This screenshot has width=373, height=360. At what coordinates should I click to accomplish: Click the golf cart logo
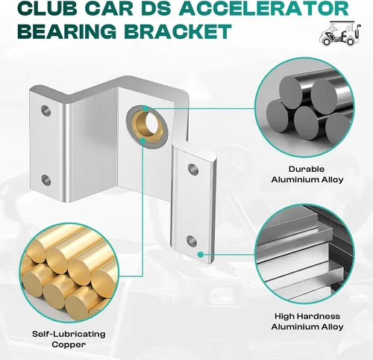(x=339, y=34)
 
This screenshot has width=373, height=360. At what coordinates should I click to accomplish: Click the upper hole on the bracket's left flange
(x=46, y=111)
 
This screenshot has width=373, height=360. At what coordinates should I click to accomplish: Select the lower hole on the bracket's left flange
(x=46, y=180)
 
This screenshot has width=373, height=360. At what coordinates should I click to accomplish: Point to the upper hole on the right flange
(x=193, y=169)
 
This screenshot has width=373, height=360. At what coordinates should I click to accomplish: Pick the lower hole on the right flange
(x=192, y=241)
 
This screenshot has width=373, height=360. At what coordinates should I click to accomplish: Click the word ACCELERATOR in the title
(x=266, y=8)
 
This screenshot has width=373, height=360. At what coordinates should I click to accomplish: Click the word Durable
(x=307, y=170)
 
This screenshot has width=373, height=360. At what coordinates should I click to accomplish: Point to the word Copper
(x=69, y=345)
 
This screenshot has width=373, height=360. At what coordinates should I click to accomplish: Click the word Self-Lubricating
(x=69, y=334)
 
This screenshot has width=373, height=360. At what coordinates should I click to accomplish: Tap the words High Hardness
(x=307, y=317)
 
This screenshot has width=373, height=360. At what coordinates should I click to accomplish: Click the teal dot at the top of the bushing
(x=145, y=108)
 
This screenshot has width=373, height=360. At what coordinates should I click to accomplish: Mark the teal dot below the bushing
(x=142, y=141)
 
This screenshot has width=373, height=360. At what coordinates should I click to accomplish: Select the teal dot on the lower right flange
(x=201, y=255)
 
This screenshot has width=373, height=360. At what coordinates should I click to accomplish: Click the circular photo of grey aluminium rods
(x=304, y=108)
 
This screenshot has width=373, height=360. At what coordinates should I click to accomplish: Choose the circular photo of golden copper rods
(x=69, y=273)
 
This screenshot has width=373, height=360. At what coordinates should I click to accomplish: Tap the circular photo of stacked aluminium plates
(x=304, y=254)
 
